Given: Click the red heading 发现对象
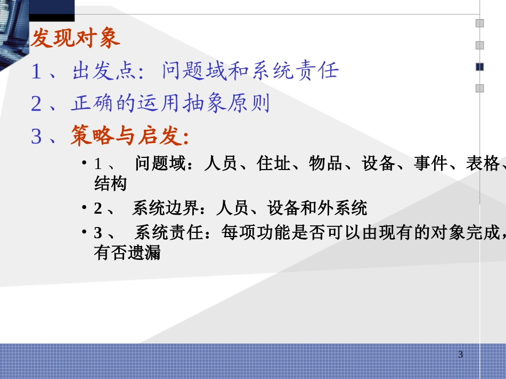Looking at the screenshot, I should point(76,39).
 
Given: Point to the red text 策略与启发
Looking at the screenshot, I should point(129,137).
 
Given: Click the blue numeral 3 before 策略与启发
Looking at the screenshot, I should point(36,137).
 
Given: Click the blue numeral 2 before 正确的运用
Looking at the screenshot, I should point(36,104).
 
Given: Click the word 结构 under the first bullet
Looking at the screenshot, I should point(110,184).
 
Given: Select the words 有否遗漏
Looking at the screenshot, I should point(127,254).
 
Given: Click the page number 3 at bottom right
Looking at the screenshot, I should point(461,355).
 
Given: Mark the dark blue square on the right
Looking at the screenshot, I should point(479,66).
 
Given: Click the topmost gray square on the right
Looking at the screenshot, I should point(479,23).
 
